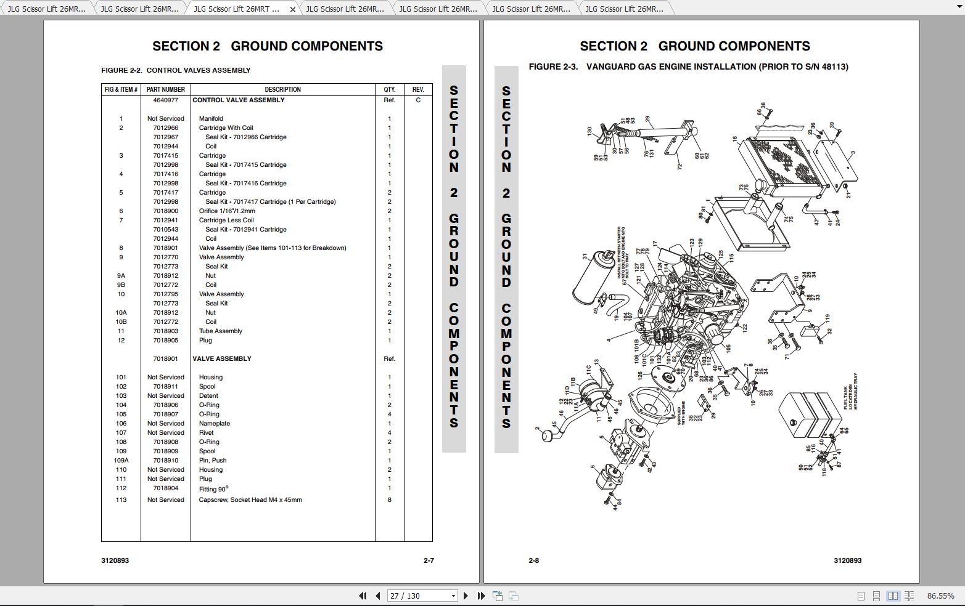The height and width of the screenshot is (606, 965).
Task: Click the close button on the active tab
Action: point(292,9)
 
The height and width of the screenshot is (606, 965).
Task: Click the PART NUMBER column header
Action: point(165,89)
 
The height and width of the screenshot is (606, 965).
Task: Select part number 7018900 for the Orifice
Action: point(165,211)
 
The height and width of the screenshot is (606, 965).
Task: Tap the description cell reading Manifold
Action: point(211,118)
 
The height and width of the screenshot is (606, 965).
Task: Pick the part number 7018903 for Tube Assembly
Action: point(165,331)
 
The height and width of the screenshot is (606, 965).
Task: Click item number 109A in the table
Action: point(121,460)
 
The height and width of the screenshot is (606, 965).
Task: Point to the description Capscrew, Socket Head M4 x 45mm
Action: point(250,499)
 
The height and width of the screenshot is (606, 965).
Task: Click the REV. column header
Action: point(418,89)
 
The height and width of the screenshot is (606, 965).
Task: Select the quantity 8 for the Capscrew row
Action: point(389,499)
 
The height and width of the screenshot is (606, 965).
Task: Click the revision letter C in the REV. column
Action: point(418,100)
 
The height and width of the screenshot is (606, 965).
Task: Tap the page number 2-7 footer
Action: point(429,560)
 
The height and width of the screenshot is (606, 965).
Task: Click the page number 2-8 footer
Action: point(534,560)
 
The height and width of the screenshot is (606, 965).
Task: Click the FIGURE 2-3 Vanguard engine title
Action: point(688,67)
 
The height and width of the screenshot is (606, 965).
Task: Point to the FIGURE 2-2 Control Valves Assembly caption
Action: point(176,70)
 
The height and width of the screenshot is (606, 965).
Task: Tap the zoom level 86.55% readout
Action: point(940,596)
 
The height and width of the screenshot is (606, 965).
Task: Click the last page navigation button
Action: point(481,596)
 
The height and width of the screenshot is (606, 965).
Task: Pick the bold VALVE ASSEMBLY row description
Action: point(222,358)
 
